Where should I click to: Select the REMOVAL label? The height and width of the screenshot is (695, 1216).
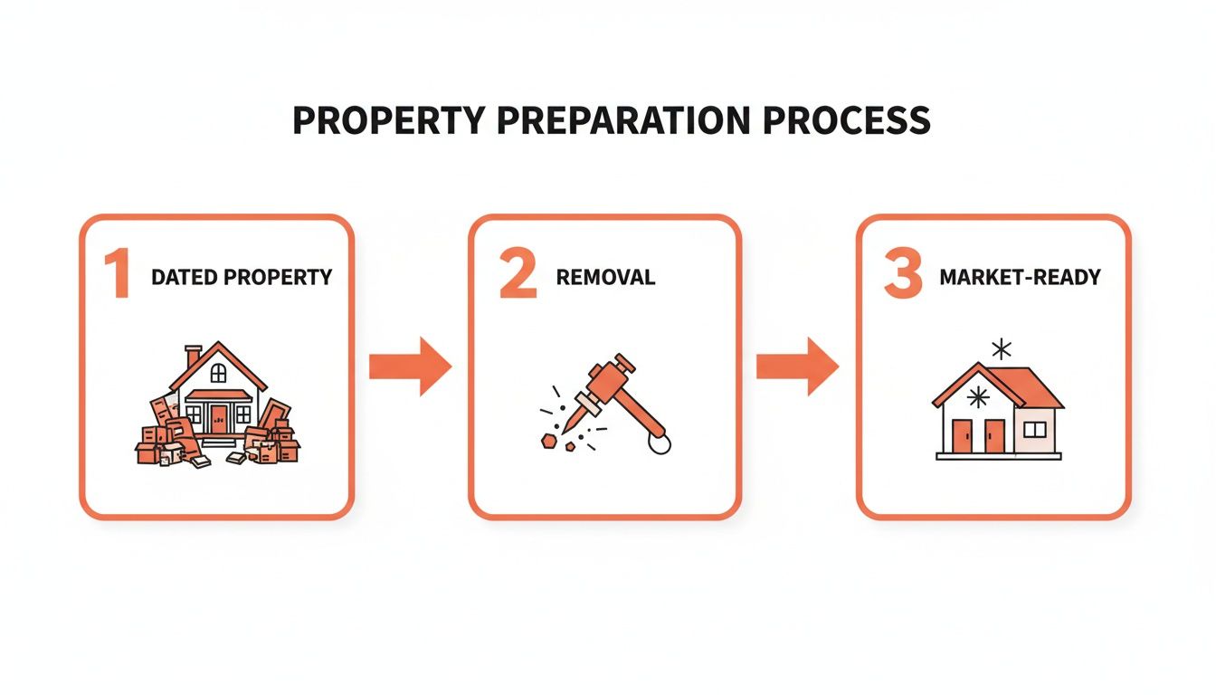[x=605, y=277]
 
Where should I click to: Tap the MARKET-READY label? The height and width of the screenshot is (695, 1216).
[x=1020, y=277]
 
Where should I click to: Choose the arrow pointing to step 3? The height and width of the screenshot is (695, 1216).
[x=797, y=366]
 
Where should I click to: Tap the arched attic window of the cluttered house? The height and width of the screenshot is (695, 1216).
[x=218, y=372]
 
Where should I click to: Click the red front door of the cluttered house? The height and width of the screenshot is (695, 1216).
[x=219, y=418]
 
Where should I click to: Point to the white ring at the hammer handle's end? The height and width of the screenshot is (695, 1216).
[x=660, y=443]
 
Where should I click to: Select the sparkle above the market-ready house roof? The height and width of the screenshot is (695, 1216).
[x=1001, y=349]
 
